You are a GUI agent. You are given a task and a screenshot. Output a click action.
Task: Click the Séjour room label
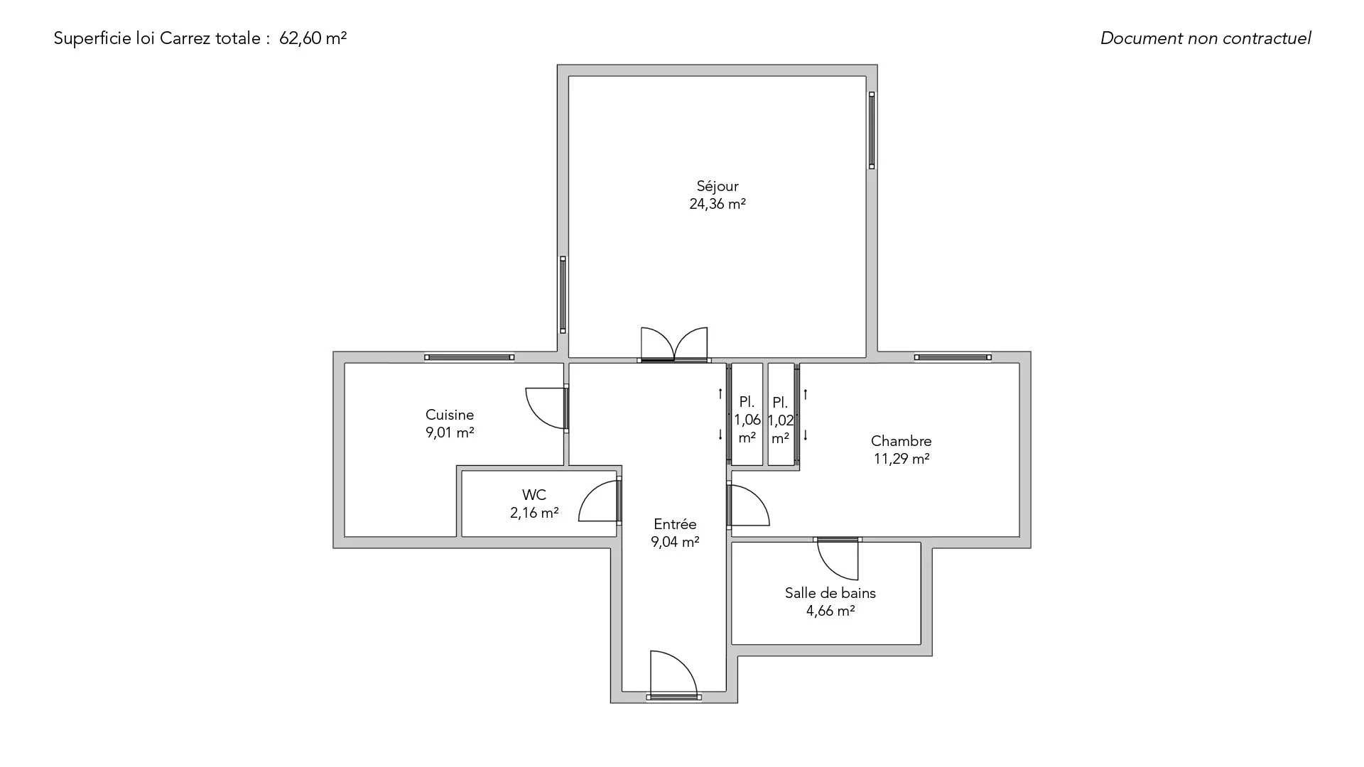718,187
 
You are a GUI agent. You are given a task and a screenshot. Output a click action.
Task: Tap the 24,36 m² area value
718,205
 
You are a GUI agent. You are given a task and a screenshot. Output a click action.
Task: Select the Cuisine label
450,415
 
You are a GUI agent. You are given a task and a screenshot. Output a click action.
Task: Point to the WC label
534,495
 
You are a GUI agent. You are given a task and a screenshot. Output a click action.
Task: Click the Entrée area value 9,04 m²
675,543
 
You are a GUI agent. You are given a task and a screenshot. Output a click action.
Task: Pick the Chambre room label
902,441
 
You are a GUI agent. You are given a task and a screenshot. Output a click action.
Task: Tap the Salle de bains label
830,593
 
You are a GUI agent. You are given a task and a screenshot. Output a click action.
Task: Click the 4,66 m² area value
830,611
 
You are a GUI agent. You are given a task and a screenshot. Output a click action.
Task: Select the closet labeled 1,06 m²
747,415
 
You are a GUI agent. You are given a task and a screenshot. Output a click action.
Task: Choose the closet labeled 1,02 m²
781,415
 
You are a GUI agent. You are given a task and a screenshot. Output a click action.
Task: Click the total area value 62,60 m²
313,38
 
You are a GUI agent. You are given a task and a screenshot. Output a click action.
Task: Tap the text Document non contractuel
1206,38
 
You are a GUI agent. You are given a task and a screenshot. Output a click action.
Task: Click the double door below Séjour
674,346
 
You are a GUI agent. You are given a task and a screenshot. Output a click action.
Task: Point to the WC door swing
600,501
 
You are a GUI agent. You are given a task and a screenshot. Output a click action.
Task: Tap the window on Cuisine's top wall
469,357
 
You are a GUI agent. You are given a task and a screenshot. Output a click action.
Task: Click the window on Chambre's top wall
953,357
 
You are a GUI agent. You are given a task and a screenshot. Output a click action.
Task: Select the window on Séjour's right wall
872,130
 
